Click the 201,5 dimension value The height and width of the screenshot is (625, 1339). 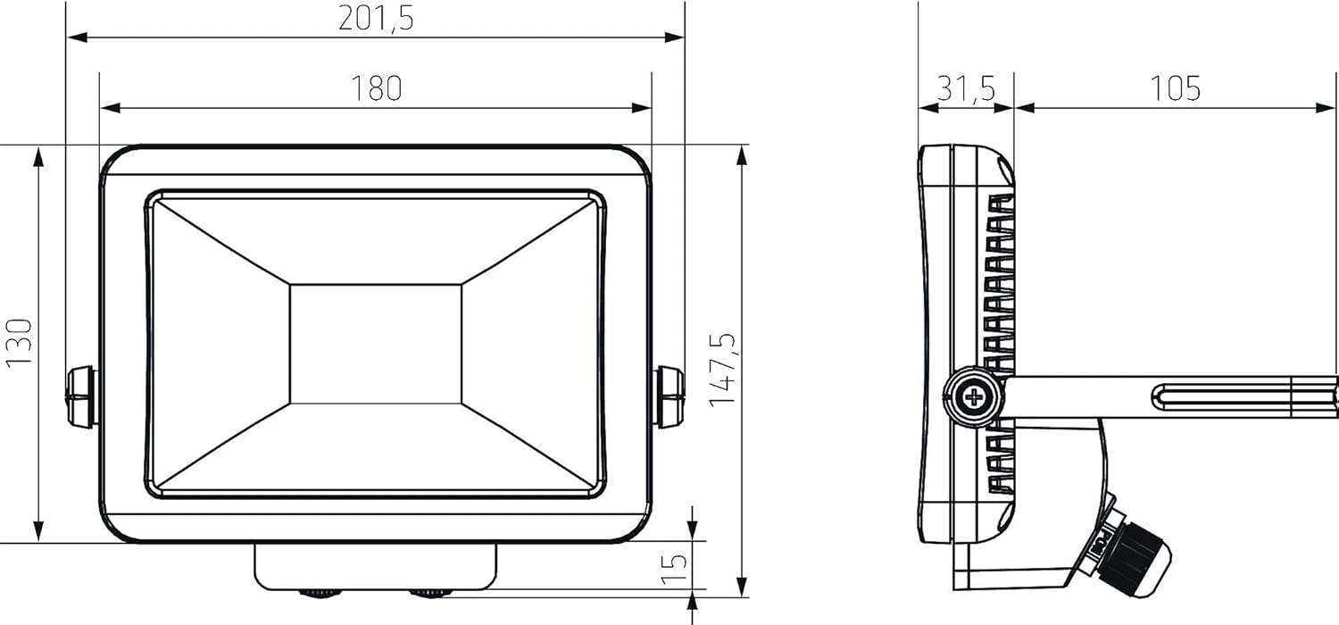point(376,18)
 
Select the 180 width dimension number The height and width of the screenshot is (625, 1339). point(376,88)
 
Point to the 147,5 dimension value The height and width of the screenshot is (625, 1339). point(723,370)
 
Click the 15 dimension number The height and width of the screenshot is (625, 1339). point(678,564)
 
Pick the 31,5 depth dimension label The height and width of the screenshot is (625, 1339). point(966,88)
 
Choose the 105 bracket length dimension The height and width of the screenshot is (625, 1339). point(1175,88)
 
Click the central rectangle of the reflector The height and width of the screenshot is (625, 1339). point(376,344)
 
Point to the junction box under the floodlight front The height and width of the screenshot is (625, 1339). point(376,565)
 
